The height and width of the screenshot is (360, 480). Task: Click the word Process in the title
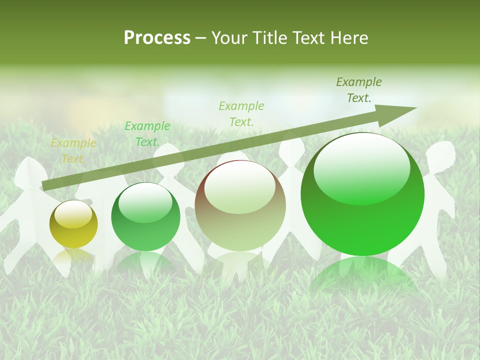tap(157, 38)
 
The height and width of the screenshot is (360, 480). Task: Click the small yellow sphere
tap(73, 224)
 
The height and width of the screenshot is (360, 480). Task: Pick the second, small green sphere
tap(145, 216)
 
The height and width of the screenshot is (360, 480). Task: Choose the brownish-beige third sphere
tap(240, 205)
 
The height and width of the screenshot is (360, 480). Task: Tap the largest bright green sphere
tap(362, 194)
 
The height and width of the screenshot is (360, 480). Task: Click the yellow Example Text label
tap(73, 151)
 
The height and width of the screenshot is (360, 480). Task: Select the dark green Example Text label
tap(358, 90)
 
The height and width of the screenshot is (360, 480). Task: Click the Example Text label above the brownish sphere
tap(241, 113)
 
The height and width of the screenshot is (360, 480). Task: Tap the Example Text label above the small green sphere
tap(147, 134)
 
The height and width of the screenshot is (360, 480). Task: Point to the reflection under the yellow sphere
tap(73, 257)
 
